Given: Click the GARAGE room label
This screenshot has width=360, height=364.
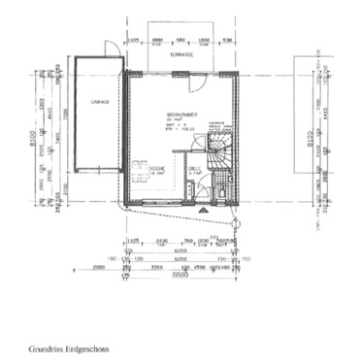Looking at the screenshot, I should pos(99,101).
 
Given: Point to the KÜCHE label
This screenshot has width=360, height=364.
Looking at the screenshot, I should pos(154,168).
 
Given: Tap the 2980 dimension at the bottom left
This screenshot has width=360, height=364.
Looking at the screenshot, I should pos(101,267).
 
